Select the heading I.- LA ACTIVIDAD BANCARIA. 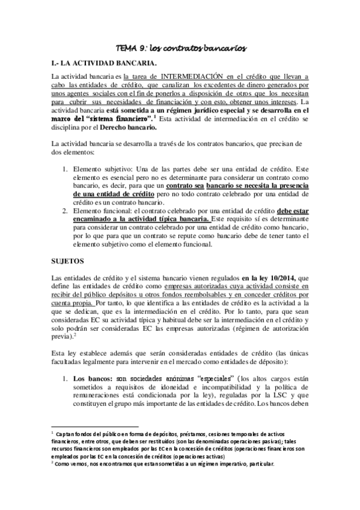(105, 63)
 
